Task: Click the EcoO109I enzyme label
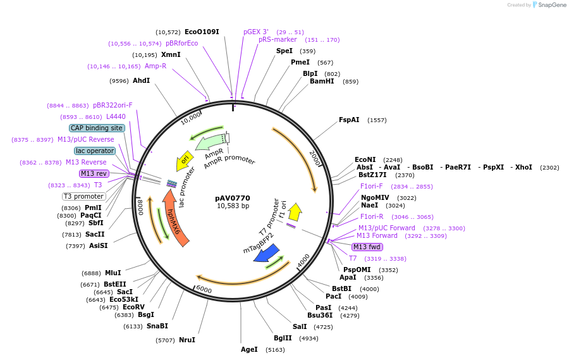point(202,32)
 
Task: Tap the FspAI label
point(349,120)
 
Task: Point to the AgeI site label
point(249,349)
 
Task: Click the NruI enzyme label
point(187,340)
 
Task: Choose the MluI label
point(113,273)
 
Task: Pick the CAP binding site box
point(97,128)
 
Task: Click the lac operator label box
point(95,151)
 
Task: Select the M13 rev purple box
point(94,173)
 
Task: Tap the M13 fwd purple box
point(368,247)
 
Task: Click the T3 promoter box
point(84,196)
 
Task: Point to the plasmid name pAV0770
point(233,198)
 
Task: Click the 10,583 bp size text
point(233,206)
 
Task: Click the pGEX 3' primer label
point(256,32)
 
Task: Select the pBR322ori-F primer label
point(113,105)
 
